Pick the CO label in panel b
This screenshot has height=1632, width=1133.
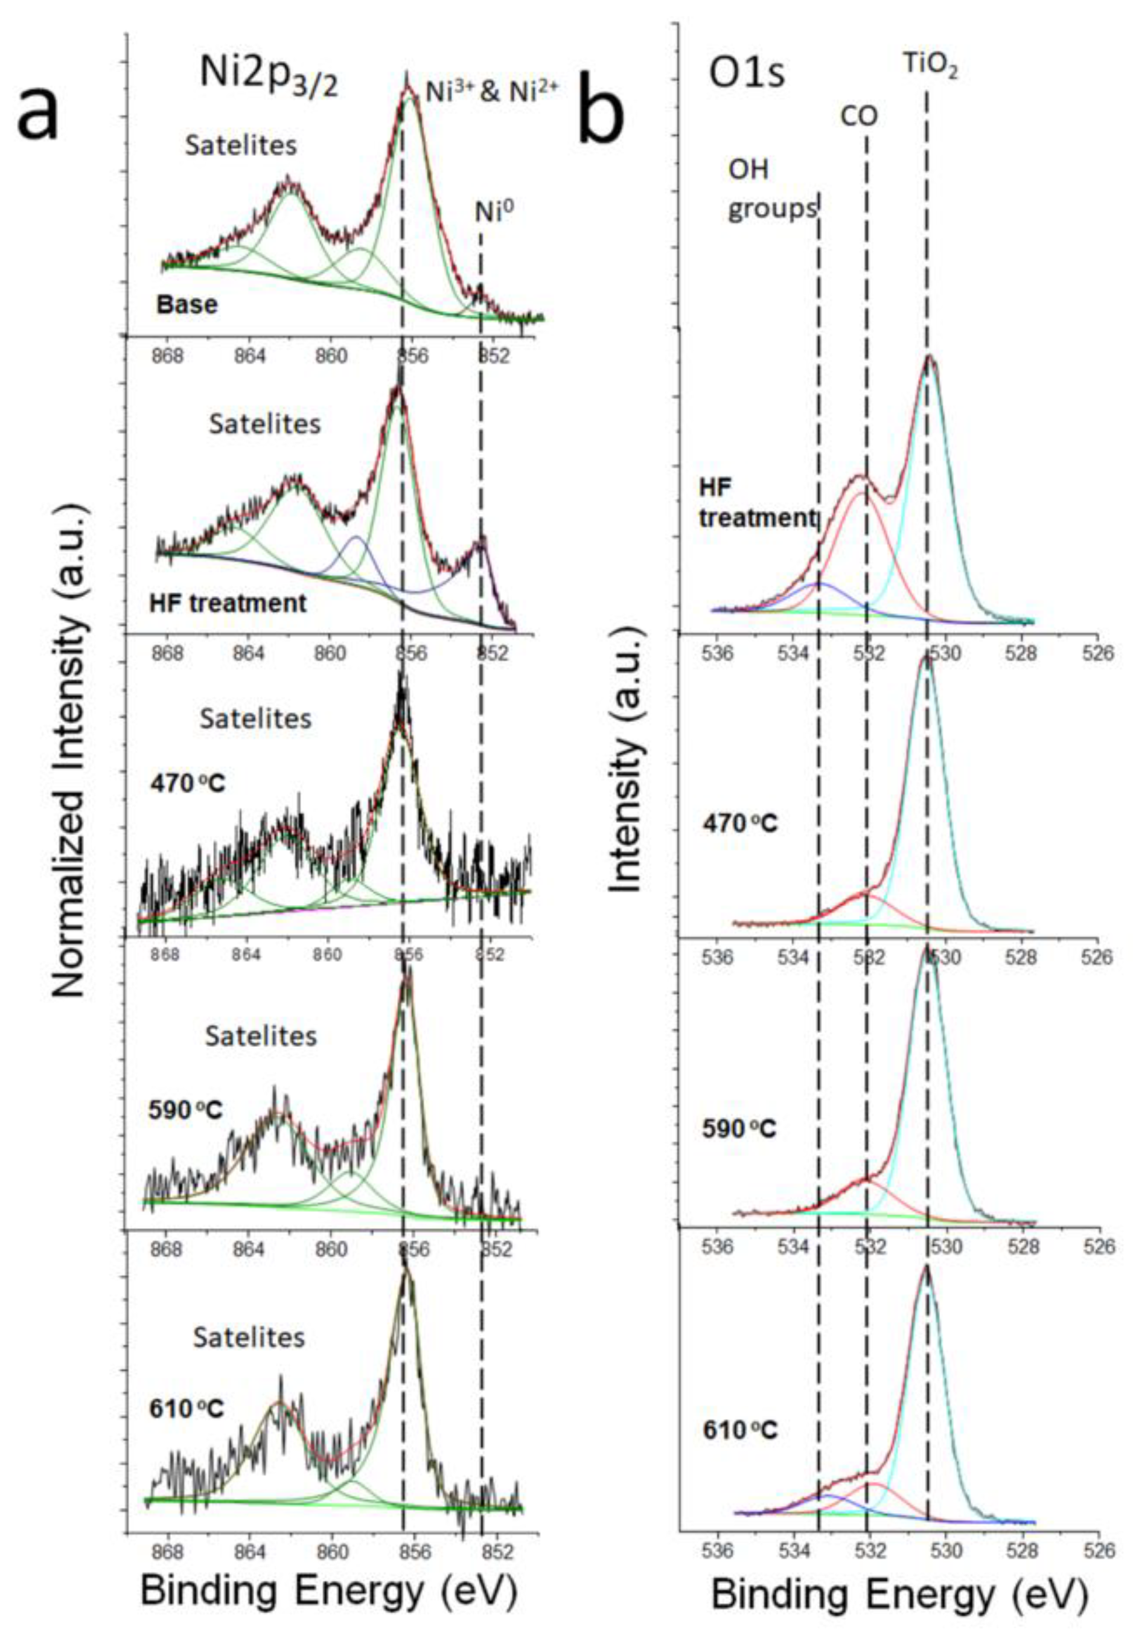click(x=859, y=116)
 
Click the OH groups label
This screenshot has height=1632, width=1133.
click(x=771, y=190)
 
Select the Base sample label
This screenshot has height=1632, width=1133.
click(x=187, y=304)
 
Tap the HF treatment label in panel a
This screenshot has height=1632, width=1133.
click(x=228, y=603)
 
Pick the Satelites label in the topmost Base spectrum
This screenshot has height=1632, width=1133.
click(x=241, y=146)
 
